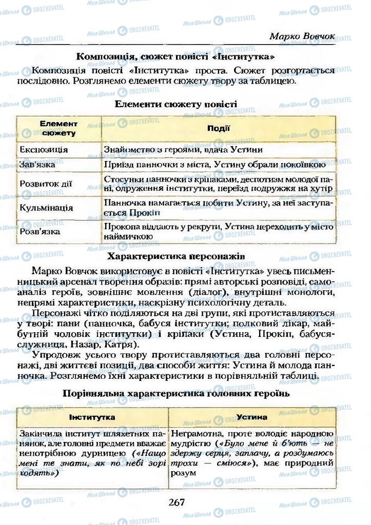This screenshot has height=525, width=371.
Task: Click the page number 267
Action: (176, 502)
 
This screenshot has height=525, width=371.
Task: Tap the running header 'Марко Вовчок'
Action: (302, 37)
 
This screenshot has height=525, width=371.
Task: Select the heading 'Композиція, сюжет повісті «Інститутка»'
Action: (175, 56)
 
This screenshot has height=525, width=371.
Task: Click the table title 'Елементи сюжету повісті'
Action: (175, 104)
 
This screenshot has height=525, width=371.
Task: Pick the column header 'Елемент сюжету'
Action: (58, 129)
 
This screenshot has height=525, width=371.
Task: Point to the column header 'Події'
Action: (218, 129)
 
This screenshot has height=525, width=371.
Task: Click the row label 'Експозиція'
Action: (44, 150)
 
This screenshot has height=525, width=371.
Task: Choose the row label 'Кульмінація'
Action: (46, 208)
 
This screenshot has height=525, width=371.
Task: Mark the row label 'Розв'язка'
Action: (40, 231)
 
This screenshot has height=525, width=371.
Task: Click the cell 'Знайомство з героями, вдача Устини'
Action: (183, 150)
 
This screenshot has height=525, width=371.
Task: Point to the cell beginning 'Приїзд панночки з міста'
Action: (214, 165)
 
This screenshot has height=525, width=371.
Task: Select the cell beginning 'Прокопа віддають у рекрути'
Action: (219, 231)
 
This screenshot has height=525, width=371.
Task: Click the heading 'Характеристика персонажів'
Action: (175, 255)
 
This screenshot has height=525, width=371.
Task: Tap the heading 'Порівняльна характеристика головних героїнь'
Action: (175, 394)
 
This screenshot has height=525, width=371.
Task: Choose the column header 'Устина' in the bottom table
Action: (251, 417)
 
